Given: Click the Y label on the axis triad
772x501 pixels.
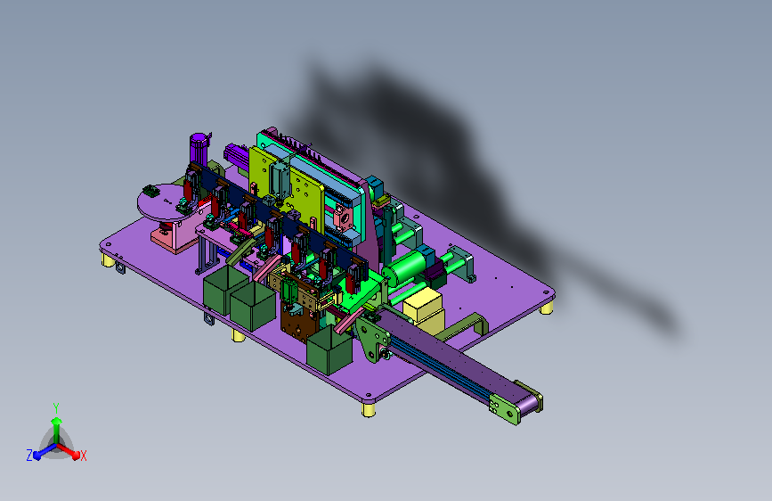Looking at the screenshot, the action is [56, 408].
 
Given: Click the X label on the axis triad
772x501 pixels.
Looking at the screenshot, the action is [84, 456].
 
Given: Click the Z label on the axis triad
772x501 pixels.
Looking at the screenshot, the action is [29, 456].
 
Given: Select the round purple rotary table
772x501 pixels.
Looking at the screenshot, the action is [167, 202].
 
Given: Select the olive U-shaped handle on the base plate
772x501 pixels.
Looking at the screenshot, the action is [463, 328].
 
